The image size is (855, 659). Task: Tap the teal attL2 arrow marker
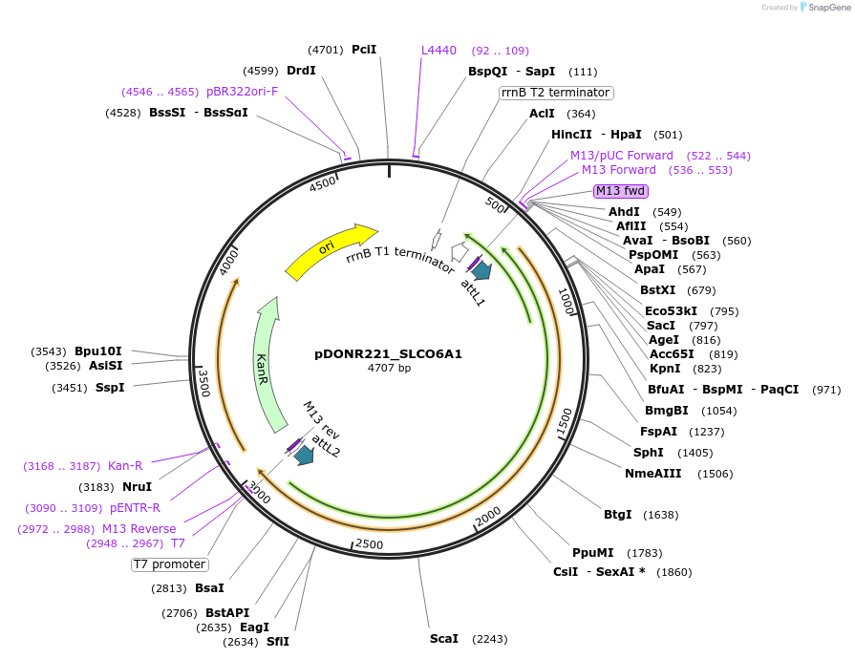pos(305,456)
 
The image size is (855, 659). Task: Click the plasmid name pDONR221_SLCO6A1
pos(389,353)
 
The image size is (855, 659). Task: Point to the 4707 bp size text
pos(389,368)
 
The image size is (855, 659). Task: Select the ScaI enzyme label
pos(444,638)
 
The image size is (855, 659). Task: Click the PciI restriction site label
pos(364,50)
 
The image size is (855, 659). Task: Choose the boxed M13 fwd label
pos(620,190)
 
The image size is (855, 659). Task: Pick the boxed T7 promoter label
pos(169,564)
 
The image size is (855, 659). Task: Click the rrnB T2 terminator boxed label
pos(556,93)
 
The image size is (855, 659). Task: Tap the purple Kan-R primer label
pos(125,466)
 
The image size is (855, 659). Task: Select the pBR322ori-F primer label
pos(242,92)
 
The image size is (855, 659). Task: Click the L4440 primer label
pos(438,51)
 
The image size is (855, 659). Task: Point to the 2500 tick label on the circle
pos(368,544)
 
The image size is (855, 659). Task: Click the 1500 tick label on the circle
pos(564,422)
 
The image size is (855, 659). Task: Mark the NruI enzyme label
pos(137,487)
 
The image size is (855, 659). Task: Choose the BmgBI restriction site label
pos(667,411)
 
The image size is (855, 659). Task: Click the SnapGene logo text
pos(827,7)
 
